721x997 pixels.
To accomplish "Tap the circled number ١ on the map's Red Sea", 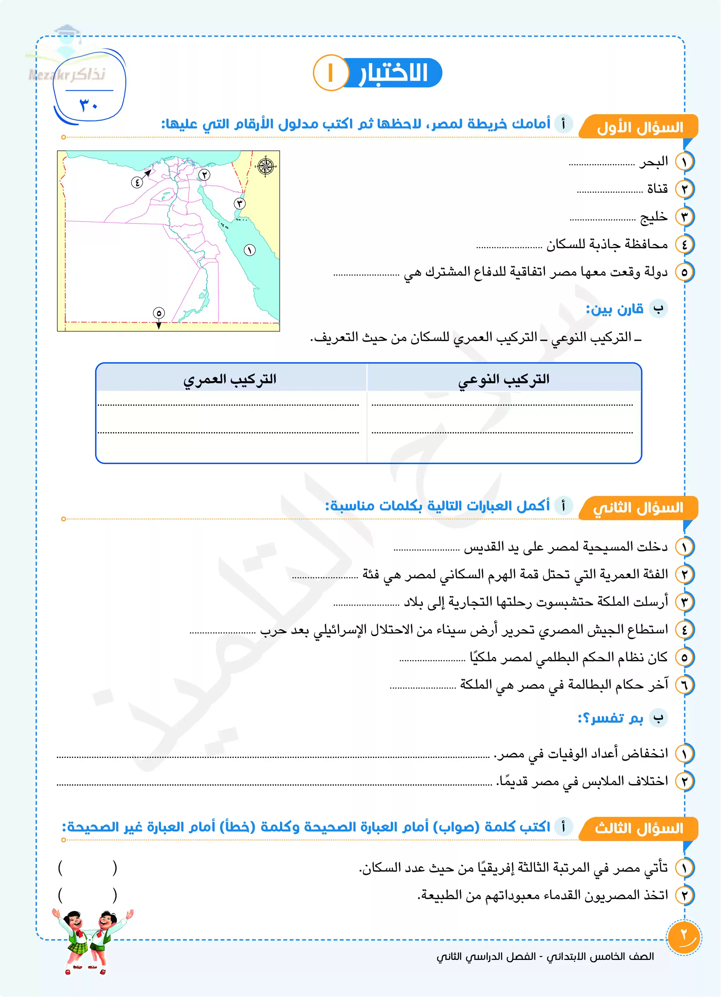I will click(250, 250).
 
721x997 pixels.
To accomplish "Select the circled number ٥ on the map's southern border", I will click(159, 313).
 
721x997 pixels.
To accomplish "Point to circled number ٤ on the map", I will click(137, 182).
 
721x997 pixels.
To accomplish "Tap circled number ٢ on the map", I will click(204, 175).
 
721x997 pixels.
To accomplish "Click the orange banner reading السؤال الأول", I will click(639, 128).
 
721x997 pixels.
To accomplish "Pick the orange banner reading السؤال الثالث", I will click(638, 829).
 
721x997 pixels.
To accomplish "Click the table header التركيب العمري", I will click(230, 379).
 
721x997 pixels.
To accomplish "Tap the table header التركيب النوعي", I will click(504, 379).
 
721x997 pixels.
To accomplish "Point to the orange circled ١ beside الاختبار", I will click(331, 73).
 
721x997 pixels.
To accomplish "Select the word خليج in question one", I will click(654, 217).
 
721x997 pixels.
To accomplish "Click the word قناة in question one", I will click(657, 189).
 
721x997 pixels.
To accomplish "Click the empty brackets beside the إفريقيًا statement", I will click(87, 868).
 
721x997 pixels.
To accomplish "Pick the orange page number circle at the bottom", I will click(684, 937).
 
